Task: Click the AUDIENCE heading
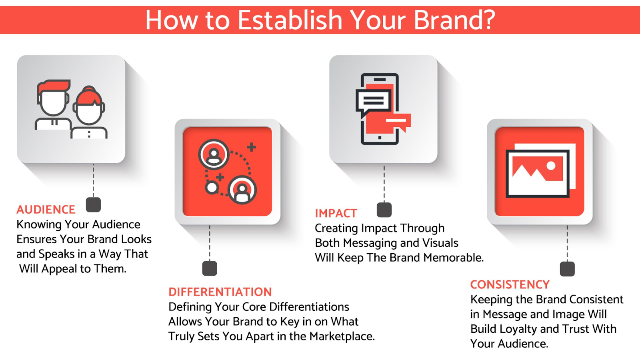46,210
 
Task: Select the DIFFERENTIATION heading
220,292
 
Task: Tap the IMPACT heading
336,214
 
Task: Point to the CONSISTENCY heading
510,284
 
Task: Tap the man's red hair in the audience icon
54,86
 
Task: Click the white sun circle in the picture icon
550,166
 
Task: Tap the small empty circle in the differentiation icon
212,188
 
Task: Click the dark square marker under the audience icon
94,204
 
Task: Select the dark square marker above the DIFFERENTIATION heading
210,268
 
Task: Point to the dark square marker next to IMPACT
384,210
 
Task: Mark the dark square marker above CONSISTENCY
567,269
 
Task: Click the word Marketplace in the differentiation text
342,336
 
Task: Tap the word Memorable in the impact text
454,258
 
